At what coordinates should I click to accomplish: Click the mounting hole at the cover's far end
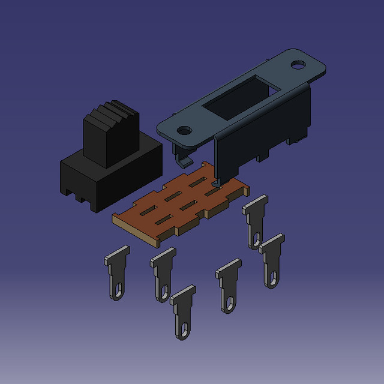click(x=298, y=64)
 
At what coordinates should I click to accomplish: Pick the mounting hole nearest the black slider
click(x=184, y=129)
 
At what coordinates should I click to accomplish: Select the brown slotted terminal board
click(x=180, y=204)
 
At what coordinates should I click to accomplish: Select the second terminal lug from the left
click(x=162, y=273)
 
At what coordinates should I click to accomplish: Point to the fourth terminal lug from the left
click(x=228, y=285)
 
